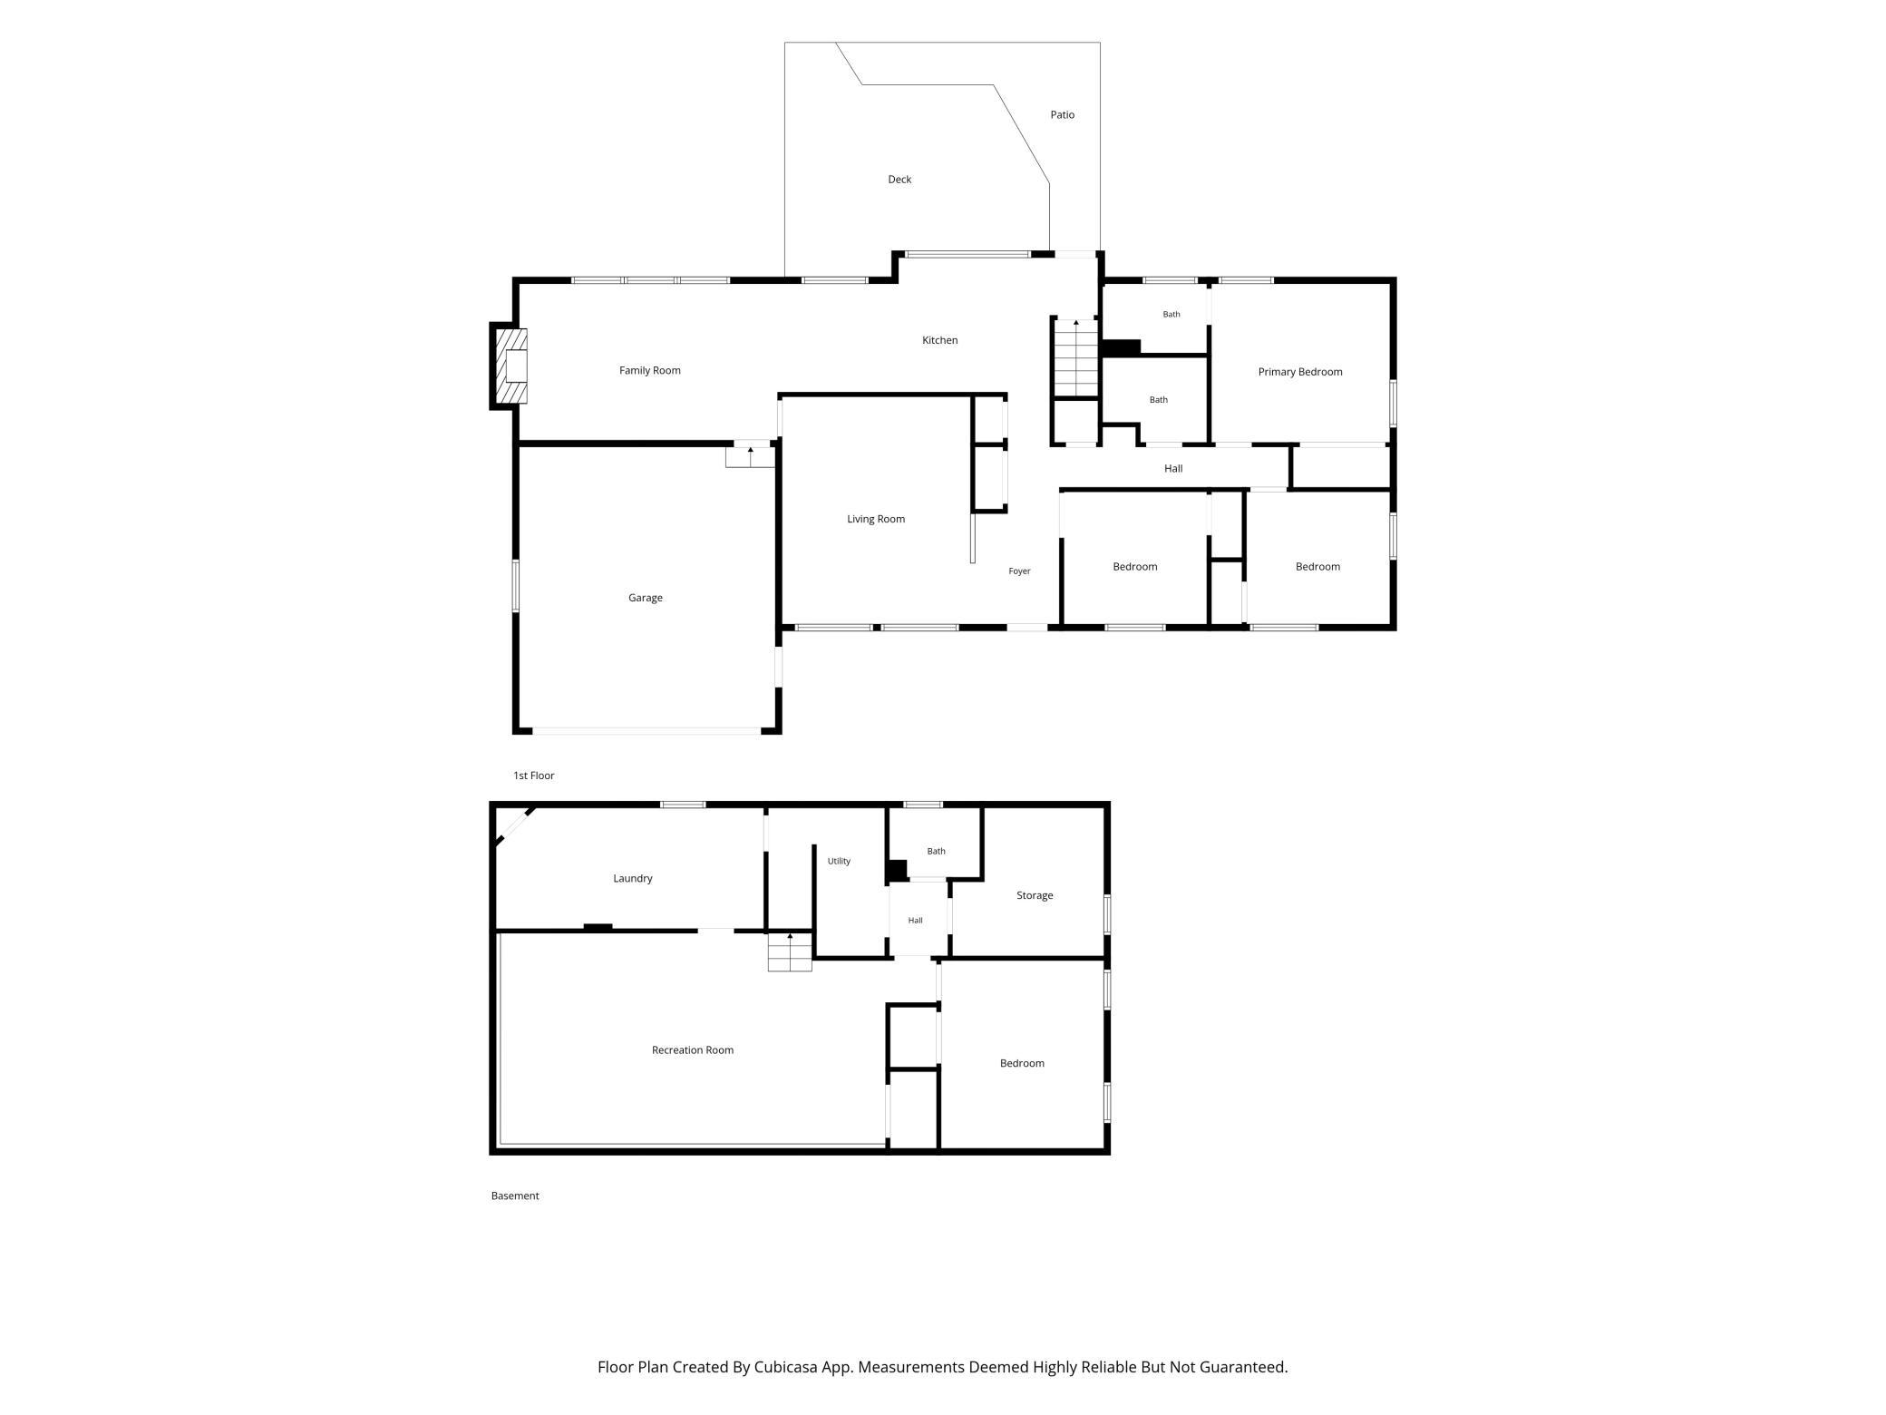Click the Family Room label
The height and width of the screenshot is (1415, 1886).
point(649,370)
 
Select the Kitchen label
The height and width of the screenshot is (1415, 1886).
point(939,340)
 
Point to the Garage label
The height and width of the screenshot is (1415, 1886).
point(645,598)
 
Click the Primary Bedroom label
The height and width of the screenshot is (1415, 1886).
point(1299,372)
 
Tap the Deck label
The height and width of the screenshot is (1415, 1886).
point(899,180)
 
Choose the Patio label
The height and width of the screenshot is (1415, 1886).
point(1062,115)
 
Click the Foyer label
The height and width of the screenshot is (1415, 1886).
point(1019,571)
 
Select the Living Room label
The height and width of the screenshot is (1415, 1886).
point(875,519)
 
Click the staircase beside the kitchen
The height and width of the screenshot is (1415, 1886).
point(1076,358)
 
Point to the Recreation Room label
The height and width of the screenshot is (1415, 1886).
point(692,1050)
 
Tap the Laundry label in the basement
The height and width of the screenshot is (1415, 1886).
point(632,878)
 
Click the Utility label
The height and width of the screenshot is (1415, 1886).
point(839,862)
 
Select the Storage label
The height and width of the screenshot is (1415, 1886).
point(1034,895)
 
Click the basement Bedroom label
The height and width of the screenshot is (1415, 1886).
point(1022,1063)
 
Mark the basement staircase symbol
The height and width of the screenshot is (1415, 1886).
point(790,951)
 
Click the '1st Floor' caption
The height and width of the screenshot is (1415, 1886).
point(533,776)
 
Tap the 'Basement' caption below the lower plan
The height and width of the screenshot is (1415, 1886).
point(514,1195)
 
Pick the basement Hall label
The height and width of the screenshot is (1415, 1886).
point(915,921)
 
